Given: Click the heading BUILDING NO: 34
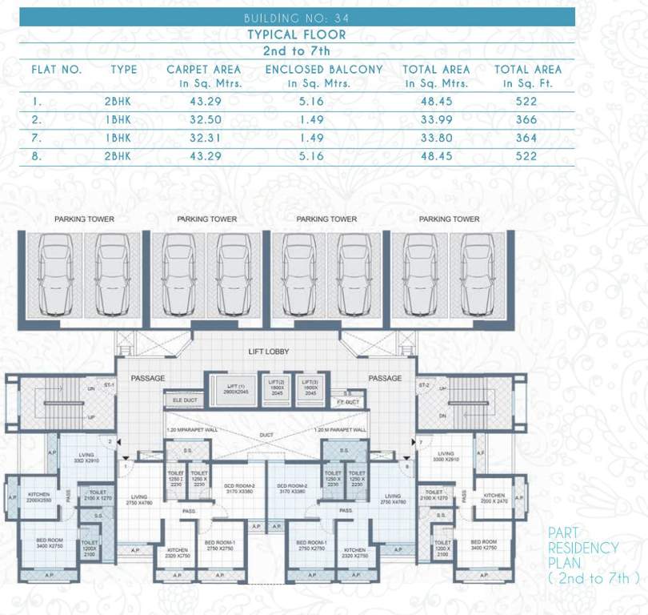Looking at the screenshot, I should (296, 17).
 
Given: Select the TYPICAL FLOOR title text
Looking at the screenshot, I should (296, 34).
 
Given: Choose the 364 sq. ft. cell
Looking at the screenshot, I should (526, 138).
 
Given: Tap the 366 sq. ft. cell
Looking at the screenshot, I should (526, 120).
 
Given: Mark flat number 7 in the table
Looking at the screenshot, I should (37, 138).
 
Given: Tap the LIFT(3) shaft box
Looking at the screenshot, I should (311, 387).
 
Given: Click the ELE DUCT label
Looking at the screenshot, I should (183, 398).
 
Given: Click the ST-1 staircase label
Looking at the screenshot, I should (110, 385).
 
